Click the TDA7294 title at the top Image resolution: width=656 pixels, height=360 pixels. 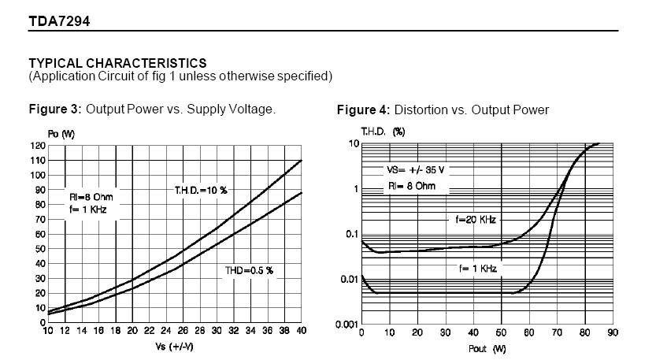tap(59, 21)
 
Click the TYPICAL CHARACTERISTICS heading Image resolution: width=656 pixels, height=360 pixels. tap(117, 62)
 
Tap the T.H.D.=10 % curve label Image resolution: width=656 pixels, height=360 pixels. tap(200, 190)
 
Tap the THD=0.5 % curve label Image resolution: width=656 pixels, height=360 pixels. tap(250, 270)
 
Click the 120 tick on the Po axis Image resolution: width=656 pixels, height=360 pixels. tap(39, 146)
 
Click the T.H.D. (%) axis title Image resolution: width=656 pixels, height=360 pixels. tap(383, 132)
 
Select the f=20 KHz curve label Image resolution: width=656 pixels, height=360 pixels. tap(476, 221)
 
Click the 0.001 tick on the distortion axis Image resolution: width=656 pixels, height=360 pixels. tap(347, 323)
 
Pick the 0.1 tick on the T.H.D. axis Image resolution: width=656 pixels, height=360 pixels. tap(351, 234)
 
